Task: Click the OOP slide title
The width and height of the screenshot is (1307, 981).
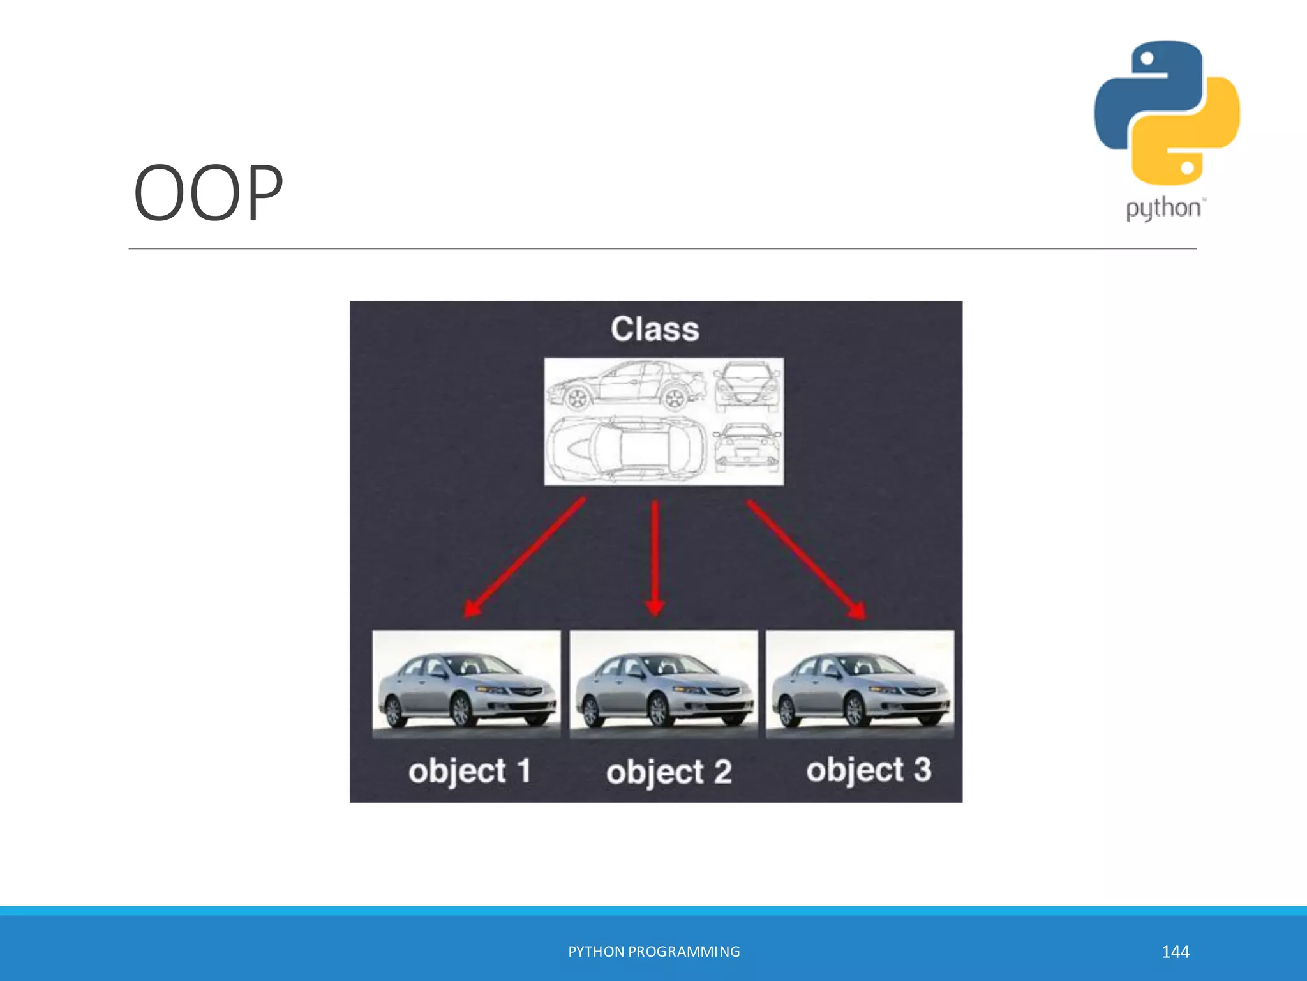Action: tap(208, 192)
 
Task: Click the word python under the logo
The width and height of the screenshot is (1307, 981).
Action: tap(1163, 209)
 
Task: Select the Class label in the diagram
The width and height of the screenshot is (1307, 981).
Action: tap(655, 329)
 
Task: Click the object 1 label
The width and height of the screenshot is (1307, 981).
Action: tap(470, 771)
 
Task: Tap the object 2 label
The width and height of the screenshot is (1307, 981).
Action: tap(669, 772)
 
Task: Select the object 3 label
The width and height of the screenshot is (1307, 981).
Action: tap(869, 770)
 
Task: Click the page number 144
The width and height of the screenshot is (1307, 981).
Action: tap(1175, 952)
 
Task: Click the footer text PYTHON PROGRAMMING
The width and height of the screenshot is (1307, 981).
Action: tap(654, 952)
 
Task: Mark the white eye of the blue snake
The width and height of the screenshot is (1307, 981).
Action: tap(1147, 59)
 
